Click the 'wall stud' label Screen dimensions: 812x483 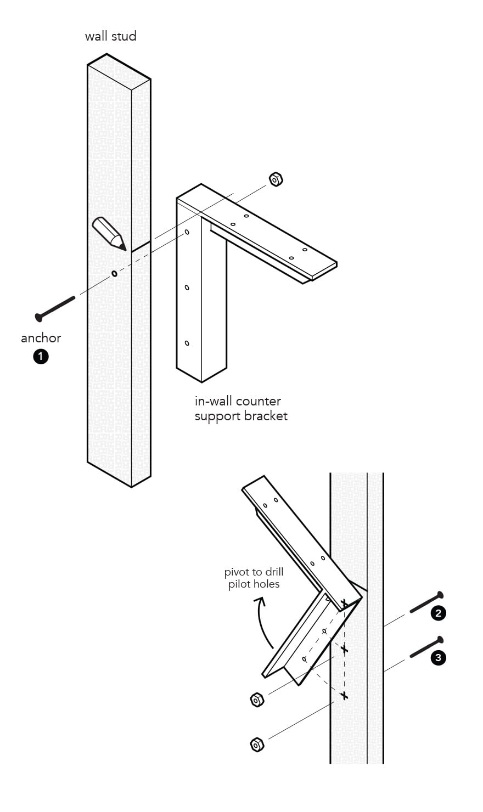tap(110, 37)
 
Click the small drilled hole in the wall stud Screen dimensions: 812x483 tap(114, 273)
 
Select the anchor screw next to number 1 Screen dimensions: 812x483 tap(55, 308)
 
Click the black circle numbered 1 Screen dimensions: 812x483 tap(41, 357)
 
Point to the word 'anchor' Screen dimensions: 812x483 tap(41, 338)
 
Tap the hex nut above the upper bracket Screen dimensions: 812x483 tap(276, 179)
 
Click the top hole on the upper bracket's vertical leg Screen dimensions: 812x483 tap(187, 232)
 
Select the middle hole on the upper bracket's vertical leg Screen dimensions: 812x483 tap(187, 287)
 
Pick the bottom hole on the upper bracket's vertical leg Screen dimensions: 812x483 tap(187, 343)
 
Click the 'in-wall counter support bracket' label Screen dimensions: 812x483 tap(240, 409)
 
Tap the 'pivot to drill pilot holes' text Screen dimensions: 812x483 tap(254, 578)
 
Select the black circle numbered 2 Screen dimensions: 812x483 tap(438, 613)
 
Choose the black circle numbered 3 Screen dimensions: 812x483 tap(438, 657)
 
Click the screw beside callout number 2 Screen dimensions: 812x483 tap(426, 603)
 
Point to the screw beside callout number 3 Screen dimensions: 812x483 tap(426, 647)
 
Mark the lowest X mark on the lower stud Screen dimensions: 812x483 tap(344, 696)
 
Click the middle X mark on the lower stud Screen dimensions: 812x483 tap(344, 650)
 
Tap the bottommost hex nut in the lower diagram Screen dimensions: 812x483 tap(256, 745)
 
